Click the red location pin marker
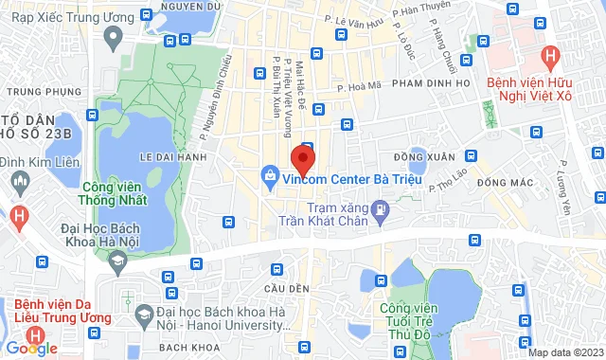tap(302, 157)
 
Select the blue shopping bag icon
tap(271, 175)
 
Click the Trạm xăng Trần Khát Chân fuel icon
tap(381, 208)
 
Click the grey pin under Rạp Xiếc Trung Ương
tap(114, 39)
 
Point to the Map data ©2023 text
tap(565, 352)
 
